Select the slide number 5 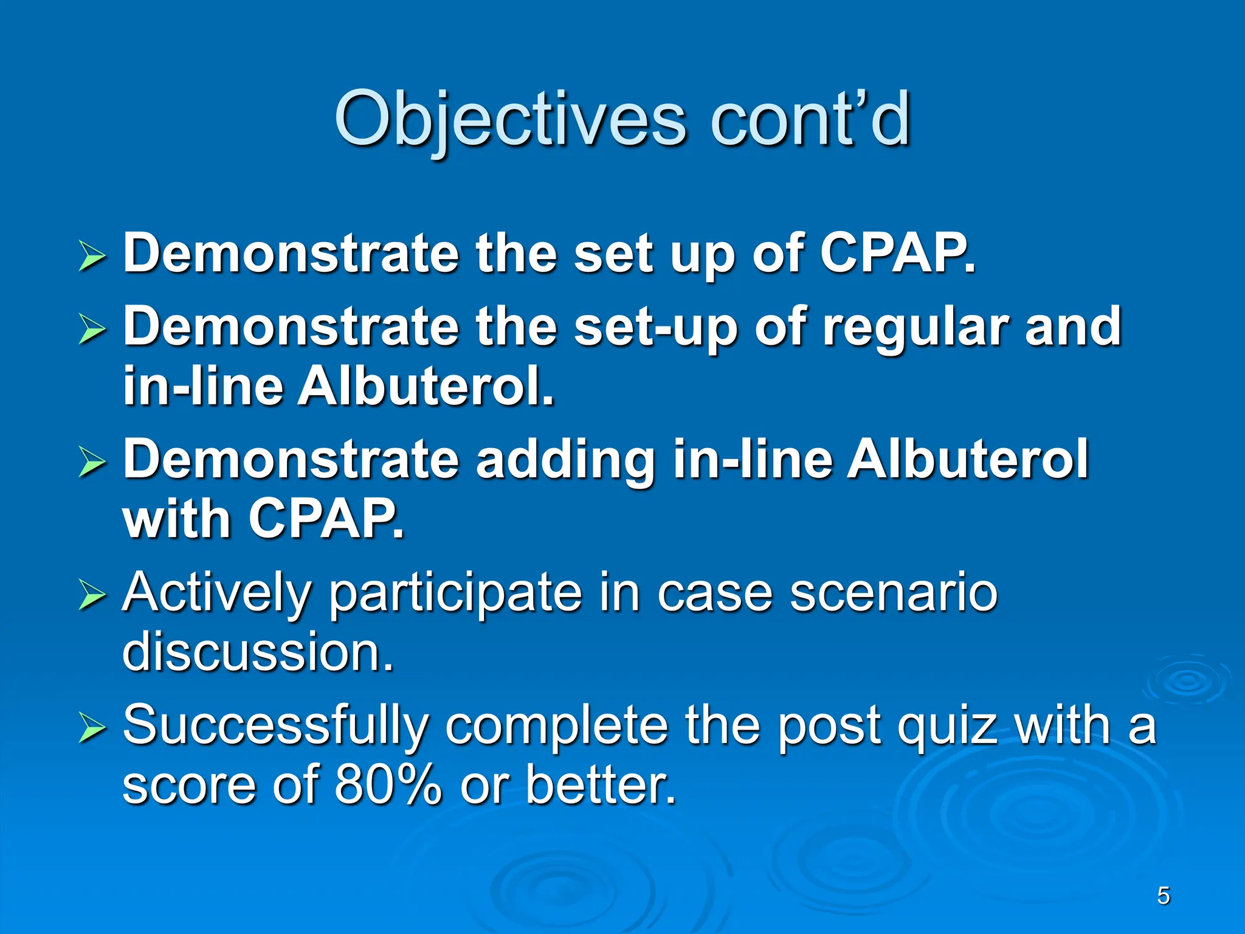pyautogui.click(x=1163, y=896)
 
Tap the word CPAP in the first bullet pyautogui.click(x=896, y=254)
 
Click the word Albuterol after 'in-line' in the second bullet pyautogui.click(x=426, y=387)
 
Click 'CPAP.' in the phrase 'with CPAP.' pyautogui.click(x=326, y=519)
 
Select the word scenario pyautogui.click(x=893, y=593)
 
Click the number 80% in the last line pyautogui.click(x=387, y=784)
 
